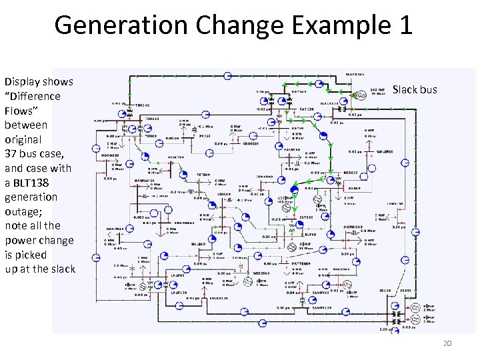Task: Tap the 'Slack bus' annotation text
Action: [x=415, y=89]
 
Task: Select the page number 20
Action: [x=447, y=343]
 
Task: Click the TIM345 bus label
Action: [x=143, y=105]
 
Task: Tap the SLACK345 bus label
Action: [x=331, y=103]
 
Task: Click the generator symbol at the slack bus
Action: [x=361, y=95]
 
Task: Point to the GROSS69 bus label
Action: [x=251, y=143]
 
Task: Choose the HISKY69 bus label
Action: [x=176, y=157]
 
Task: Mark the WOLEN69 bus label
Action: [x=386, y=152]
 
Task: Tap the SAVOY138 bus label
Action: [x=322, y=308]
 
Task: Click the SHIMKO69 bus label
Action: [x=353, y=225]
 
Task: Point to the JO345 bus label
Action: [x=405, y=291]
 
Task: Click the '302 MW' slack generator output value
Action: [x=377, y=89]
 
